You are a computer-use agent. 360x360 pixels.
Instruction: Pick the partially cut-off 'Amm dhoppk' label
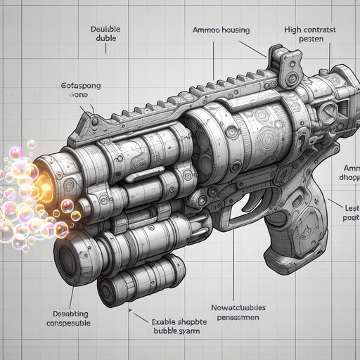[x=349, y=174]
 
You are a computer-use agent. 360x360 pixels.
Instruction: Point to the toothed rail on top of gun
[x=183, y=98]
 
